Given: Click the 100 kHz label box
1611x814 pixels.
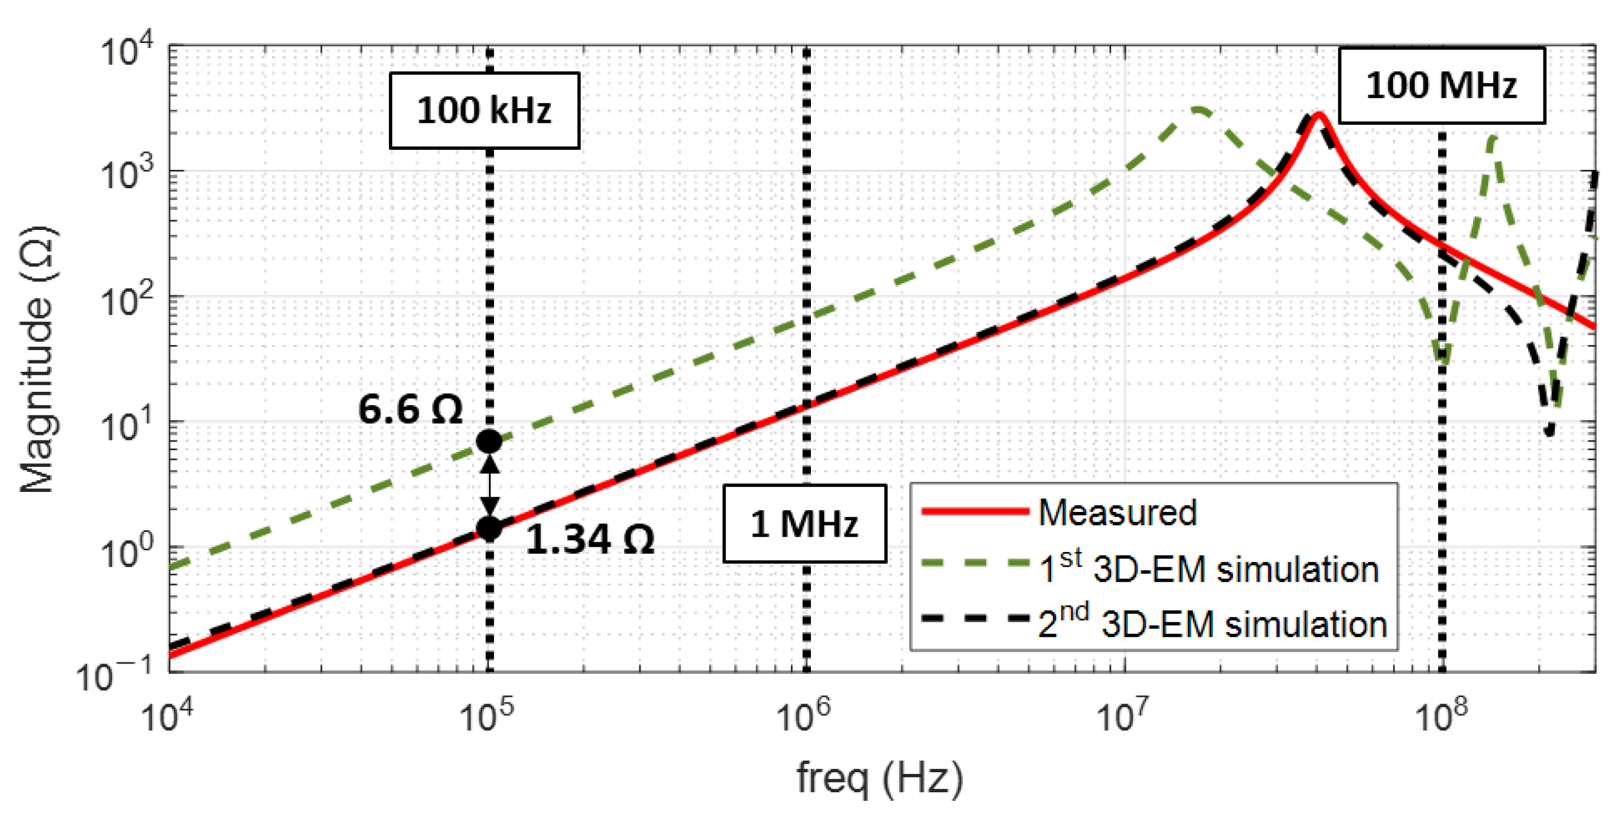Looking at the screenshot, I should click(x=484, y=111).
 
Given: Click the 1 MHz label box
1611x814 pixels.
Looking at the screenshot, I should click(x=804, y=523).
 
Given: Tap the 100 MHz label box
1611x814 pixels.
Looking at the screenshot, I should click(x=1441, y=85).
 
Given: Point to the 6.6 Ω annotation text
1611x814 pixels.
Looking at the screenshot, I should click(x=409, y=410).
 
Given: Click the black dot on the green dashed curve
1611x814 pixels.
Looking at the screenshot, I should click(x=489, y=442).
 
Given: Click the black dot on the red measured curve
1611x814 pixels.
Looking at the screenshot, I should click(x=489, y=529).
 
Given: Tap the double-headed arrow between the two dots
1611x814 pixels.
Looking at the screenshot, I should click(x=489, y=485).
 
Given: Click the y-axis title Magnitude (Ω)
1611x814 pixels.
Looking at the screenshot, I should click(x=38, y=360).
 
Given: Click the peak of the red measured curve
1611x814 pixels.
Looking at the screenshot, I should click(x=1318, y=114).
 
